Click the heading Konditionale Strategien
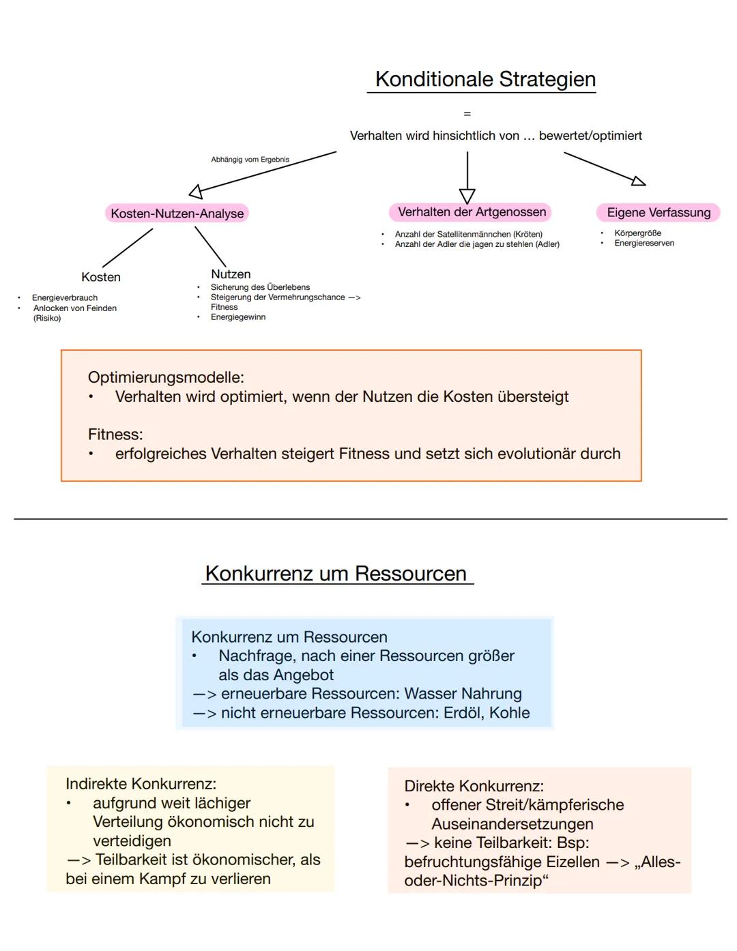pyautogui.click(x=485, y=79)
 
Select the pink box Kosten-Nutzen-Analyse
pyautogui.click(x=177, y=214)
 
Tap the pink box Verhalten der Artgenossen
pyautogui.click(x=472, y=212)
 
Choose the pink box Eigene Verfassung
pyautogui.click(x=659, y=213)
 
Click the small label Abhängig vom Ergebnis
pyautogui.click(x=250, y=160)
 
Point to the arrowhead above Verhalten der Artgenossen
pyautogui.click(x=467, y=196)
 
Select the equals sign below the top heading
pyautogui.click(x=467, y=114)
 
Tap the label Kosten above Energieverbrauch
pyautogui.click(x=101, y=277)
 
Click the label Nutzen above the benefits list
pyautogui.click(x=231, y=274)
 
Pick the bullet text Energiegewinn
pyautogui.click(x=238, y=317)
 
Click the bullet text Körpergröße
pyautogui.click(x=637, y=233)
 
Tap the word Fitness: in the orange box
pyautogui.click(x=115, y=435)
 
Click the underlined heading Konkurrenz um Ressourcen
pyautogui.click(x=336, y=574)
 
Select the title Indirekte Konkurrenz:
pyautogui.click(x=141, y=784)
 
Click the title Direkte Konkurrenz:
pyautogui.click(x=474, y=786)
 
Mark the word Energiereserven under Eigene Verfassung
pyautogui.click(x=644, y=244)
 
